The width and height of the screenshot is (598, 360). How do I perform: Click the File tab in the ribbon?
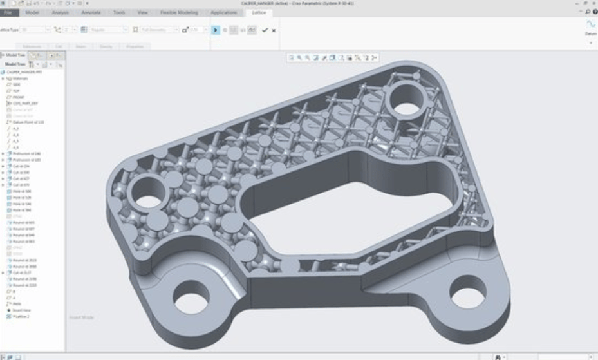[8, 12]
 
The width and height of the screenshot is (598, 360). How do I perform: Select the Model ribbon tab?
[32, 12]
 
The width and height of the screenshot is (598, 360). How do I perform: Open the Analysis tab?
[60, 12]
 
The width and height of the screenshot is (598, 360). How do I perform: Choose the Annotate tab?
[90, 12]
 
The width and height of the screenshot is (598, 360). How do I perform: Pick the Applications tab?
[223, 12]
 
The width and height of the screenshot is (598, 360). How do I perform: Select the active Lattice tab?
[259, 12]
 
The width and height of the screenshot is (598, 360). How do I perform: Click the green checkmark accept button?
[265, 30]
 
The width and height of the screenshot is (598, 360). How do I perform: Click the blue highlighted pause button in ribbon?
[216, 30]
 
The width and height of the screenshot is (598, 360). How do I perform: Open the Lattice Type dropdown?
[35, 30]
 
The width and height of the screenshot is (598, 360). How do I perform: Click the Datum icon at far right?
[590, 26]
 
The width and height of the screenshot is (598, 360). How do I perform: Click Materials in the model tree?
[21, 79]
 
